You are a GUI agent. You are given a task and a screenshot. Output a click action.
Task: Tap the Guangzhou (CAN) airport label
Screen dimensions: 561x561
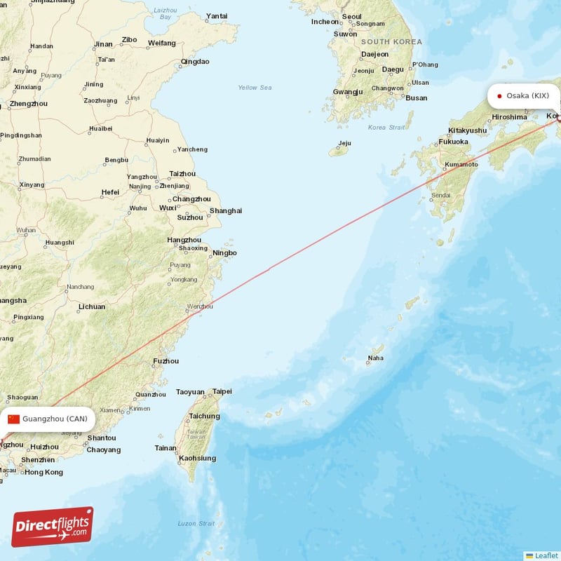(55, 419)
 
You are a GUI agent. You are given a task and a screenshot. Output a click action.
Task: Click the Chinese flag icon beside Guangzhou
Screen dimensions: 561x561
(14, 419)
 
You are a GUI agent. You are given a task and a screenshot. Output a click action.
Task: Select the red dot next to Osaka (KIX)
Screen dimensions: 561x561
(499, 96)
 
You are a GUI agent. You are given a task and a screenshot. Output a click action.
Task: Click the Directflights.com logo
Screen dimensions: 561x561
(53, 527)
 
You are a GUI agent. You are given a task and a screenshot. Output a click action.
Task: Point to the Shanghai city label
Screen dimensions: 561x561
(226, 210)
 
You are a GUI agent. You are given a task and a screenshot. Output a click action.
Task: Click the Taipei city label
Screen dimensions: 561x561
(222, 391)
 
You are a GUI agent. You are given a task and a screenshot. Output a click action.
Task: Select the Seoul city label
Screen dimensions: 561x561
(352, 16)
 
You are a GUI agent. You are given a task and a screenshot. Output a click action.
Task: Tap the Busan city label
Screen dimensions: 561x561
(417, 97)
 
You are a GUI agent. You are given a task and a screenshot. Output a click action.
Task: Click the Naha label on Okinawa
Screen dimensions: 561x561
(376, 358)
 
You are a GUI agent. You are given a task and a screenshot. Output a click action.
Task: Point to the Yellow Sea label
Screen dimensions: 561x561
(255, 88)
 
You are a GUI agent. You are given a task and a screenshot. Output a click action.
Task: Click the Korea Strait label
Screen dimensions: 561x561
(387, 128)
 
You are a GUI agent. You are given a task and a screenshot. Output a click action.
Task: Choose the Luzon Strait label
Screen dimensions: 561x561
(196, 523)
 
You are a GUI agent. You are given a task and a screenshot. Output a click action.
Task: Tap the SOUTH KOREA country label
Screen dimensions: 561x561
(391, 41)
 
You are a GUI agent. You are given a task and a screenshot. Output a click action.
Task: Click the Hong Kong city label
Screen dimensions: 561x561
(43, 472)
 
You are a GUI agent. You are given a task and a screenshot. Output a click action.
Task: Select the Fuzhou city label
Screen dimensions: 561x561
(165, 361)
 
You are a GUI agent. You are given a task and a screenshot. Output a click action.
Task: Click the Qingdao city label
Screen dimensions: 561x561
(195, 62)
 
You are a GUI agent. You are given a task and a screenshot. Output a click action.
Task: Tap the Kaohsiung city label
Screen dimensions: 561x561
(198, 458)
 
